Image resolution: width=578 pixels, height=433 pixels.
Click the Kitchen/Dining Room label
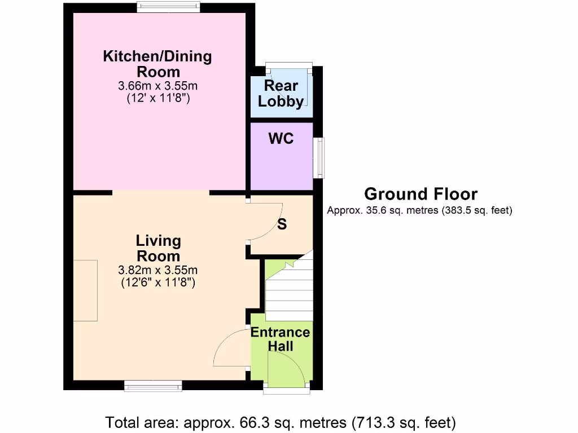tap(157, 64)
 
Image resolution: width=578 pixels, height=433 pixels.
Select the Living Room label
tap(158, 248)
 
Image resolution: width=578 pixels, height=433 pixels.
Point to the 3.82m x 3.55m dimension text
tap(158, 269)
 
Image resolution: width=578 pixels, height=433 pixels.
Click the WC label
tap(281, 138)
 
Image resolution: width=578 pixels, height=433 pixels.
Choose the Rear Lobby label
tap(281, 94)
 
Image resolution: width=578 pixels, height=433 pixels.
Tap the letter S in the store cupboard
tap(282, 224)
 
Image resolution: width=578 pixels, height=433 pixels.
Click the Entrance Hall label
tap(281, 339)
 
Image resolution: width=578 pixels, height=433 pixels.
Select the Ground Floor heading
tap(421, 194)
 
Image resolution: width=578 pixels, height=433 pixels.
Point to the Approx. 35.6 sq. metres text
tap(419, 211)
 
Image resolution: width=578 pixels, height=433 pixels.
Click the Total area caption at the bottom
tap(281, 422)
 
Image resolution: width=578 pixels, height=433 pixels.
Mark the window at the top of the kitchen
tap(168, 7)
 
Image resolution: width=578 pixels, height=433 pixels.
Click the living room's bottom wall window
tap(153, 386)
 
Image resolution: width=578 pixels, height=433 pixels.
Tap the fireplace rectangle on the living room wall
tap(85, 290)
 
